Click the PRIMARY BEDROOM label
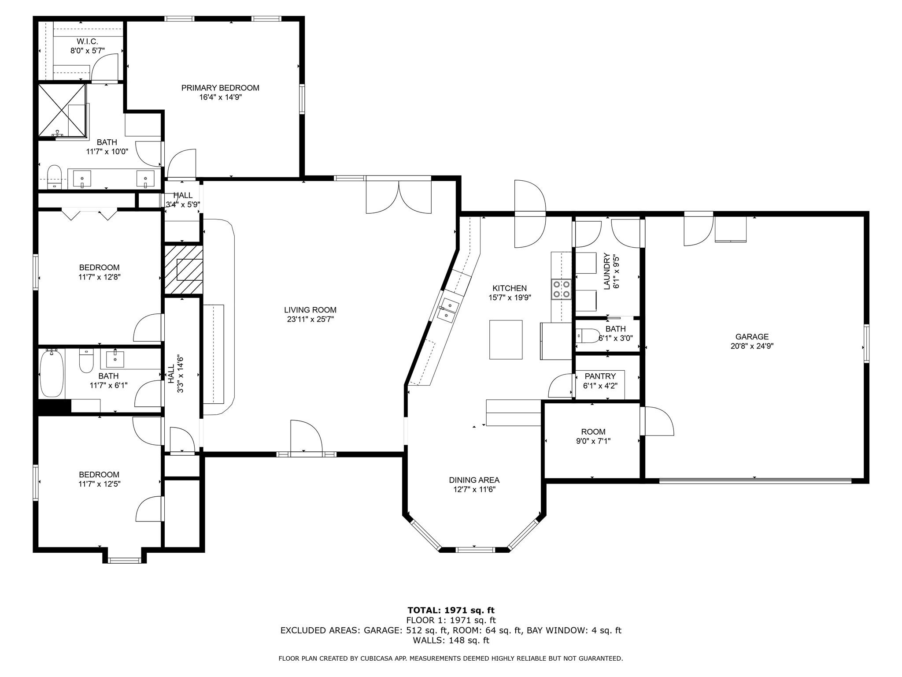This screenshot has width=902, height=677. click(220, 88)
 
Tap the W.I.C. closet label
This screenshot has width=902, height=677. click(87, 41)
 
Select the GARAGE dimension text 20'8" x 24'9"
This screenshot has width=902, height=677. click(752, 346)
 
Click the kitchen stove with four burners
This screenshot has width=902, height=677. click(561, 289)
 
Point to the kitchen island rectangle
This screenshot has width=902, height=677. click(506, 340)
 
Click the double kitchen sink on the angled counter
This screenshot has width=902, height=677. click(448, 309)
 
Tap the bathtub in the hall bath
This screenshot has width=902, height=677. click(52, 373)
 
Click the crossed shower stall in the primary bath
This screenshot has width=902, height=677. click(62, 110)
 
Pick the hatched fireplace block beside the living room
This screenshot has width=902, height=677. click(184, 270)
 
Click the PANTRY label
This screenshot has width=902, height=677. click(600, 376)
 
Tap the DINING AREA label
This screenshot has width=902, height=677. click(474, 480)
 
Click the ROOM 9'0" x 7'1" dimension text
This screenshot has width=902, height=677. click(593, 441)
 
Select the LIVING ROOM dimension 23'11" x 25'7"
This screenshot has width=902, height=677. click(310, 320)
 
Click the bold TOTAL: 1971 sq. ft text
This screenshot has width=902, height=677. click(451, 610)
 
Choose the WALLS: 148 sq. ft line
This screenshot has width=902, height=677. click(451, 640)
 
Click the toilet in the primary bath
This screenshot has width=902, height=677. click(54, 176)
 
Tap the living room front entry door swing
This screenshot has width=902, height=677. click(306, 436)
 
